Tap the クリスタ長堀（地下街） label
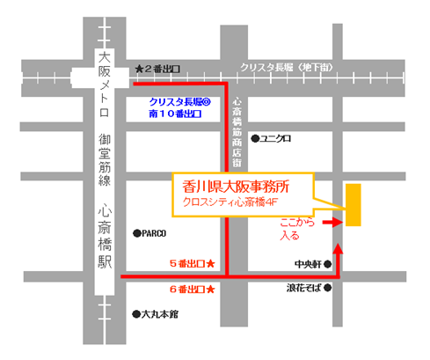288,69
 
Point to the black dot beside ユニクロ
256,138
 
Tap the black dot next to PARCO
135,233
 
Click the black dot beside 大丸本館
135,312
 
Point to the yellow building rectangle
353,205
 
